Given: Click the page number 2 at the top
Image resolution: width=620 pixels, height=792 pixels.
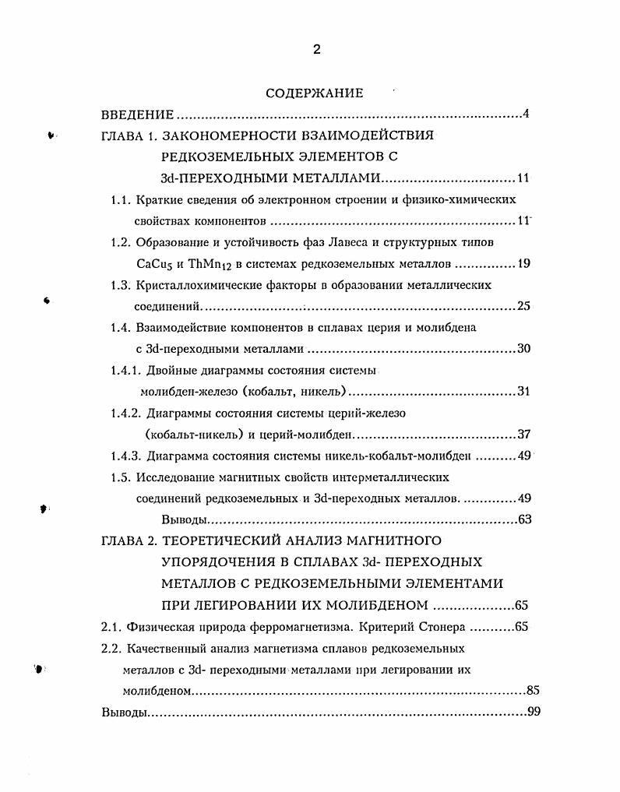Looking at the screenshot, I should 316,49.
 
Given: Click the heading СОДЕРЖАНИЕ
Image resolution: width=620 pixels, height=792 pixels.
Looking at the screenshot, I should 315,93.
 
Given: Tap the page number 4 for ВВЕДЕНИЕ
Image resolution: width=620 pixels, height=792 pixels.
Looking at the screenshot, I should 526,115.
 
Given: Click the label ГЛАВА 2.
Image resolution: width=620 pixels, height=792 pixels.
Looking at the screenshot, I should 129,540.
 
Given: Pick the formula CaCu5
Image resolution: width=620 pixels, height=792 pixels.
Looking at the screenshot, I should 153,263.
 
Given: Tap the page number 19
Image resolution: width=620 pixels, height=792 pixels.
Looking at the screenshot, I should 523,263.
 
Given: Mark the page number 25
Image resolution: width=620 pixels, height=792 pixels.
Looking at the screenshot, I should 523,306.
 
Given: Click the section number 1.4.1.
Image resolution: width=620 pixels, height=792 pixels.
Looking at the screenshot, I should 126,370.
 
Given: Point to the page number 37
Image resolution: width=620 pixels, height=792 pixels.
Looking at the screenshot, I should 523,434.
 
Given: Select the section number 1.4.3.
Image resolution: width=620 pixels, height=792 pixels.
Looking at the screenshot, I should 126,456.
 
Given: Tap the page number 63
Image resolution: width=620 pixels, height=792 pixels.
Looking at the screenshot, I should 523,519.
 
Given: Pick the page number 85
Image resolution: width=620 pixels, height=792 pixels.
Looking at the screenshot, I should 533,691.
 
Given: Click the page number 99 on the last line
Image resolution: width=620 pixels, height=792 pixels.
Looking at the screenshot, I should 533,712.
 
